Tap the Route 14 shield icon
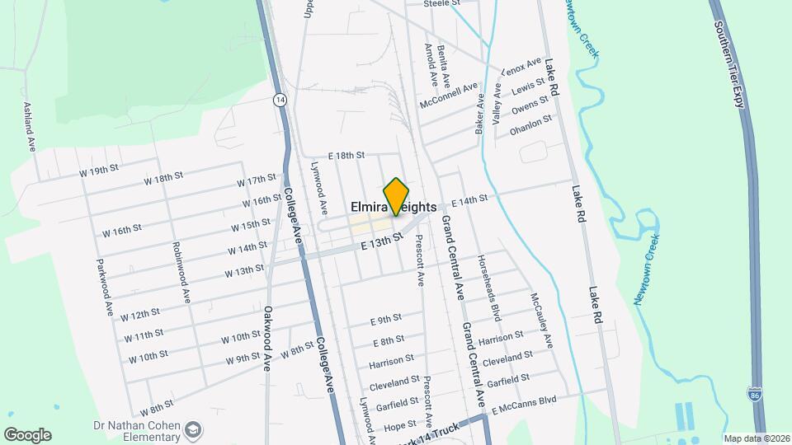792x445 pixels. (x=281, y=99)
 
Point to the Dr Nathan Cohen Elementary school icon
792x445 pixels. (x=192, y=429)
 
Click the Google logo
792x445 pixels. (x=27, y=435)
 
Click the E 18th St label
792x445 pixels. (x=346, y=155)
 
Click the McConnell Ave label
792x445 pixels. (x=449, y=96)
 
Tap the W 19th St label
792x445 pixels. (x=100, y=171)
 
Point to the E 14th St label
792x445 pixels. (x=469, y=199)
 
